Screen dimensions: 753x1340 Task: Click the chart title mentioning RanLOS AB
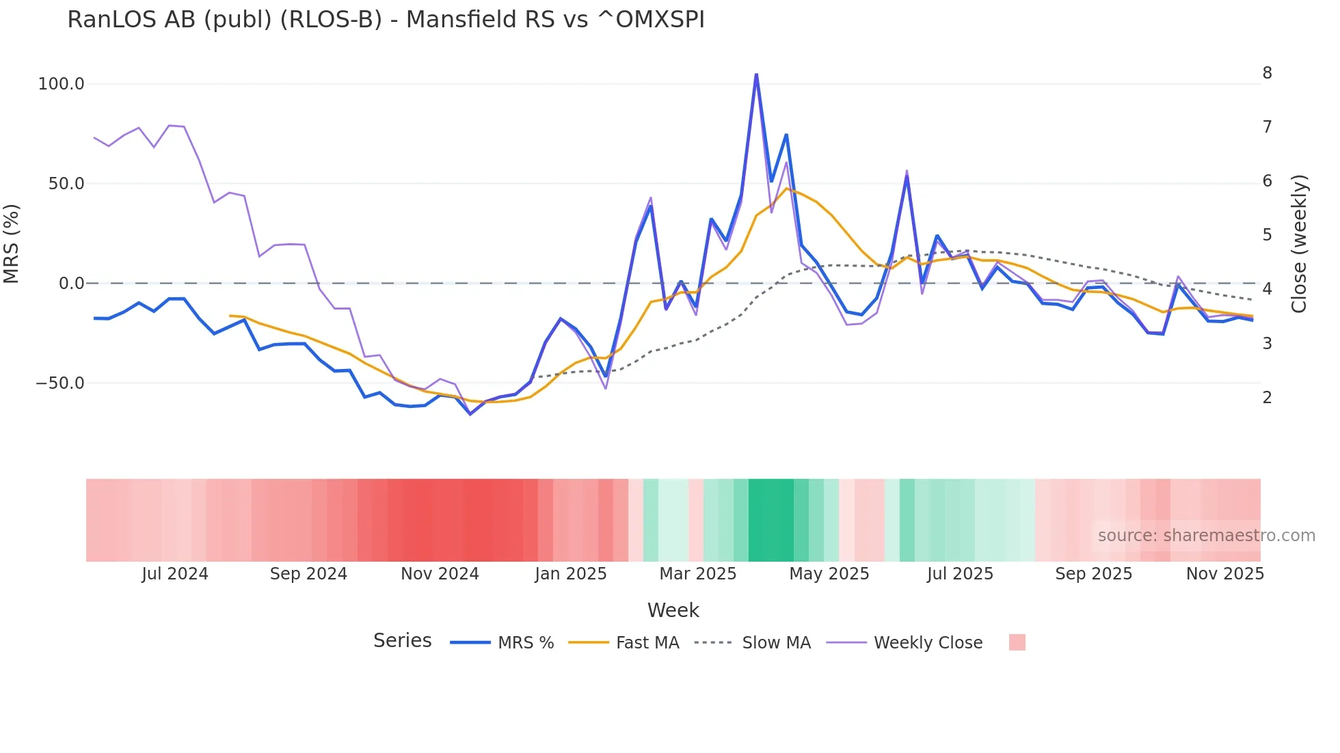coord(386,20)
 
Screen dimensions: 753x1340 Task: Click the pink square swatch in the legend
coord(1017,642)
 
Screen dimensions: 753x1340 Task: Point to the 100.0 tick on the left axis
coord(62,84)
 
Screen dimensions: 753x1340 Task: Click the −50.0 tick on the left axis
coord(60,383)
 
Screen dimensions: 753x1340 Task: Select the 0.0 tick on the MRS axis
coord(71,284)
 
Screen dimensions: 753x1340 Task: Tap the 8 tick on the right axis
coord(1267,73)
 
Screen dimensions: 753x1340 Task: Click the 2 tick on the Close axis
coord(1267,398)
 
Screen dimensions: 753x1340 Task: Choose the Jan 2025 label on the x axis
coord(570,574)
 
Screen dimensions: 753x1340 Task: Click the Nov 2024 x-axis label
coord(440,574)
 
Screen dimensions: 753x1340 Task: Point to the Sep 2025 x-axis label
coord(1093,574)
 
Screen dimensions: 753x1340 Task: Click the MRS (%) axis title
coord(12,243)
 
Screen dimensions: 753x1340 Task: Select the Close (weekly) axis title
coord(1299,244)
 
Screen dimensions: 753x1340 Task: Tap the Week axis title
coord(673,610)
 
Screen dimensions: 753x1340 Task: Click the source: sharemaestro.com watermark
coord(1206,536)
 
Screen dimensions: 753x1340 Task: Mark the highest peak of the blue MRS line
coord(756,74)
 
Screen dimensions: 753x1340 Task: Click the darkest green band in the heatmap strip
coord(770,520)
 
